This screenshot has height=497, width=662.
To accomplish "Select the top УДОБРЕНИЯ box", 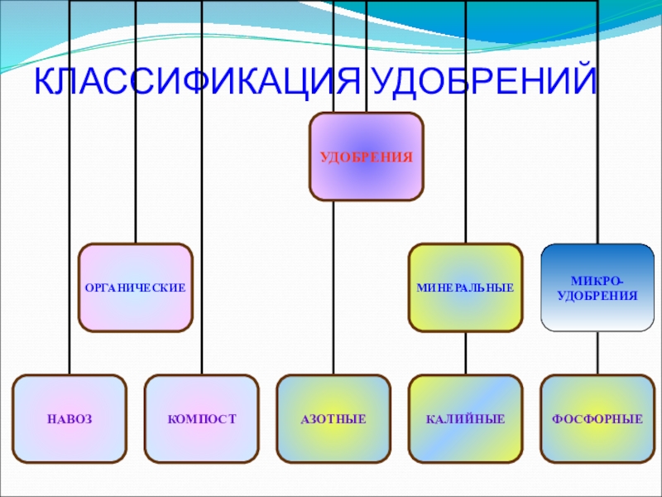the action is point(366,157).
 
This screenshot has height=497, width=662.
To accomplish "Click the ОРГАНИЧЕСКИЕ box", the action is point(136,287).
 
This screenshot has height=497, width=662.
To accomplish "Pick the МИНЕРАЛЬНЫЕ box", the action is point(465,287).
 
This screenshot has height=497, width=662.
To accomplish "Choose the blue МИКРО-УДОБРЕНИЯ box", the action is point(597,287).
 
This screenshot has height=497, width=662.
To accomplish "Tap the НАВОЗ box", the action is point(70,419).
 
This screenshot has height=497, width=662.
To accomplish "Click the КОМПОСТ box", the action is point(201,419).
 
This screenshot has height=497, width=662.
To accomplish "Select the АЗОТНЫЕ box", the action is point(333,419).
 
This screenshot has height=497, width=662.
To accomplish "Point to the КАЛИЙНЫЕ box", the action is point(465,419).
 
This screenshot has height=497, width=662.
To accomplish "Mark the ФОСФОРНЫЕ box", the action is point(597,419).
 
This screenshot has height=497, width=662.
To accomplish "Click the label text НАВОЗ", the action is point(70,420).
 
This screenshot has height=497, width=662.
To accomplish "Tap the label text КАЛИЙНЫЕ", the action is point(465,420).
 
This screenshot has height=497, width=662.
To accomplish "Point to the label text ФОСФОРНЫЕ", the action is point(597,420).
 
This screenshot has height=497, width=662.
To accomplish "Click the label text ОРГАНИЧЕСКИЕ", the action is point(136,288).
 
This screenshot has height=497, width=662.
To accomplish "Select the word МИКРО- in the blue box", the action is point(597,281).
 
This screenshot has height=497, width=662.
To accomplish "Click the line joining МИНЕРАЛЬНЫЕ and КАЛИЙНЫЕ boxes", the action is point(465,354).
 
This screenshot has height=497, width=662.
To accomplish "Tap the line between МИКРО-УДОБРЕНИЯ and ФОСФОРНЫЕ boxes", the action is point(597,354).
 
